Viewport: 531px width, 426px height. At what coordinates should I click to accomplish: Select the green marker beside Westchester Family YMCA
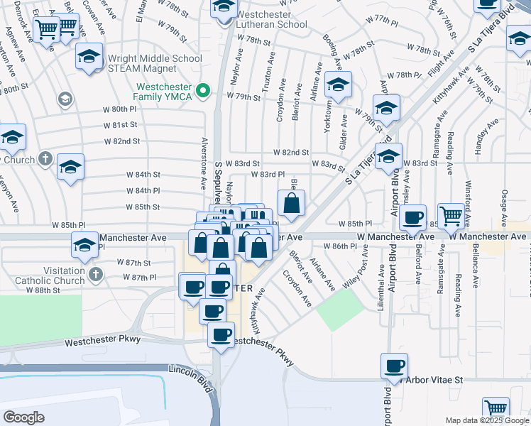(204, 90)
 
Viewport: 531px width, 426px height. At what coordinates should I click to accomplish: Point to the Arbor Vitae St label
(433, 380)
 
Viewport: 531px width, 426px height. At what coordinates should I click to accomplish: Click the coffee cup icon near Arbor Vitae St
(394, 366)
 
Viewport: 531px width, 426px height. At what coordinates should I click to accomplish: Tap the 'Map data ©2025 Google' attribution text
(487, 420)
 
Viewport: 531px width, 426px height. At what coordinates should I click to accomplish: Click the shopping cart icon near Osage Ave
(451, 215)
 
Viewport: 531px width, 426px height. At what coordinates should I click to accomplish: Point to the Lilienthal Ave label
(383, 280)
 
